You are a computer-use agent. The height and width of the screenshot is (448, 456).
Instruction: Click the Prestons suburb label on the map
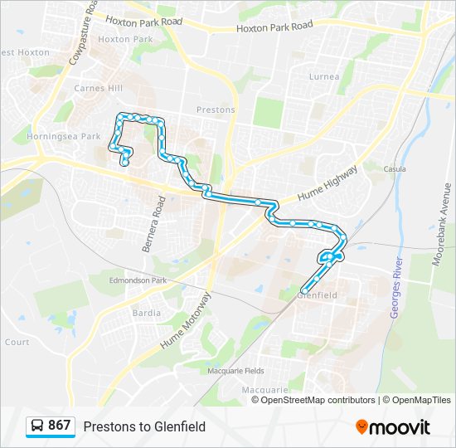click(216, 110)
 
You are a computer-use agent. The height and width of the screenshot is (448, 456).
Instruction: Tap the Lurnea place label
click(323, 77)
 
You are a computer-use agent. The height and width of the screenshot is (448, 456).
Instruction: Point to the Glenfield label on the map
click(317, 295)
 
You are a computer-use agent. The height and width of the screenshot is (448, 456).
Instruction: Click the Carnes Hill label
click(98, 88)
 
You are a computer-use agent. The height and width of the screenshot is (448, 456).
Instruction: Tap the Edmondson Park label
click(138, 280)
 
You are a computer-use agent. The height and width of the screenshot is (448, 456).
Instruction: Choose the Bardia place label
click(147, 314)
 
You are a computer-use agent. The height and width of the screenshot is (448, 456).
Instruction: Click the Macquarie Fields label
click(235, 370)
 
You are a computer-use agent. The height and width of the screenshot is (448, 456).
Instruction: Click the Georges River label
click(396, 287)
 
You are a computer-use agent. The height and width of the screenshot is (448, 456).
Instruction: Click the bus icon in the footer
click(38, 426)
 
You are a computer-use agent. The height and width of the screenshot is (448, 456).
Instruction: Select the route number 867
click(59, 426)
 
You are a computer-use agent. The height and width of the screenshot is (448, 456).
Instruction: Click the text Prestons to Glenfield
click(144, 426)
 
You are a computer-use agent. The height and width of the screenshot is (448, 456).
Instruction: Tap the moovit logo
click(393, 427)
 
